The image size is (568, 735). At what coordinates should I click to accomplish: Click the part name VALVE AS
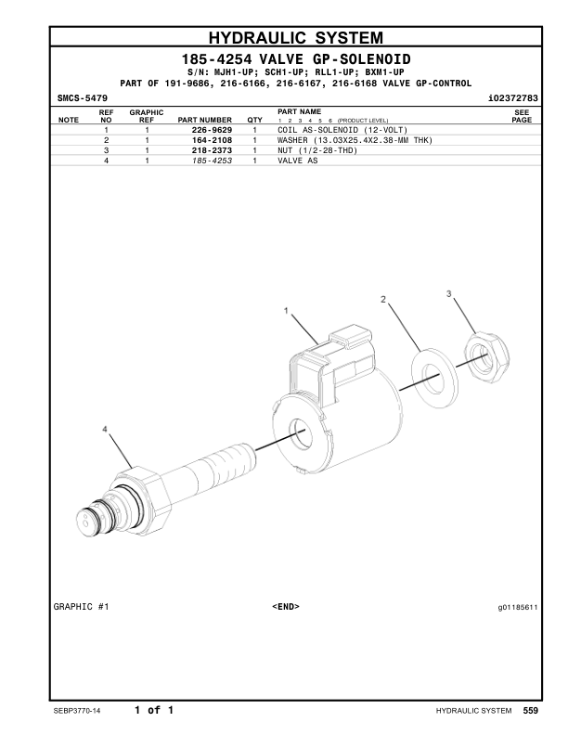[297, 161]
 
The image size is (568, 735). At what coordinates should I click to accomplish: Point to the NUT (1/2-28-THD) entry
[317, 150]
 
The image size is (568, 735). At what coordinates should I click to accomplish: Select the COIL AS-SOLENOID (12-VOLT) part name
[342, 130]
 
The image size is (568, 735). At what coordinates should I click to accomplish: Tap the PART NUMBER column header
[205, 120]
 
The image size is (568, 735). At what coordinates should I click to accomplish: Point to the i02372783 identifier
[513, 97]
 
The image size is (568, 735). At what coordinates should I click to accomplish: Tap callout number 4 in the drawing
[105, 429]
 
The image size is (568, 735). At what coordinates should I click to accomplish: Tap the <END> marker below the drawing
[285, 607]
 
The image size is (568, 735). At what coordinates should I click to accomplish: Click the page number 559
[530, 711]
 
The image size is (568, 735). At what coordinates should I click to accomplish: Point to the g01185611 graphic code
[517, 607]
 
